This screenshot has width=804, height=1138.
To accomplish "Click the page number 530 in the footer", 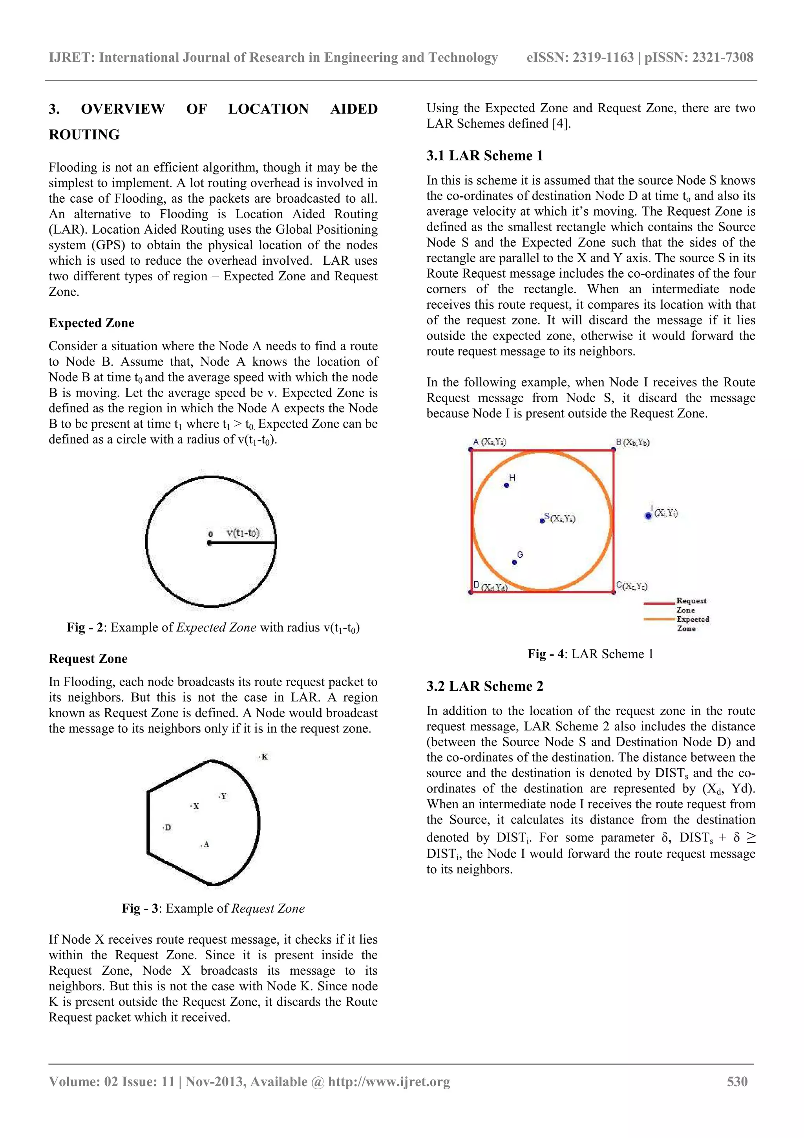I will coord(737,1081).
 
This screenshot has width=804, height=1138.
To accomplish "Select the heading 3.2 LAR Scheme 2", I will coord(484,686).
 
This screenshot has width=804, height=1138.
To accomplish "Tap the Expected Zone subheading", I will coord(91,323).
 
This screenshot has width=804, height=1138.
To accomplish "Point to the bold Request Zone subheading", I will coord(88,659).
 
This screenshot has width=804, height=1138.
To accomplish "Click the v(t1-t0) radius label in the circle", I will coord(243,533).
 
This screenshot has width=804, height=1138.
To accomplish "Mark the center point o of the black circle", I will coord(210,543).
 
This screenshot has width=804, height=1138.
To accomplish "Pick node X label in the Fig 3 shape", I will coord(195,807).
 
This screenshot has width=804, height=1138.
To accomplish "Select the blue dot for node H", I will coord(506,485).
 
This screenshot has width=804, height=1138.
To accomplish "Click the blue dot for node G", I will coord(514,562).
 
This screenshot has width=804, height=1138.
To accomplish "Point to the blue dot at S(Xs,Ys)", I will coord(542,521).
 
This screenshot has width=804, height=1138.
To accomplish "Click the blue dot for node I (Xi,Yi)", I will coord(648,516).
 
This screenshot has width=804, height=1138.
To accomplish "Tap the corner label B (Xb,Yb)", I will coord(632,442).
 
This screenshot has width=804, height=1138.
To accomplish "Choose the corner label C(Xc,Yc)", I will coord(632,586).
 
